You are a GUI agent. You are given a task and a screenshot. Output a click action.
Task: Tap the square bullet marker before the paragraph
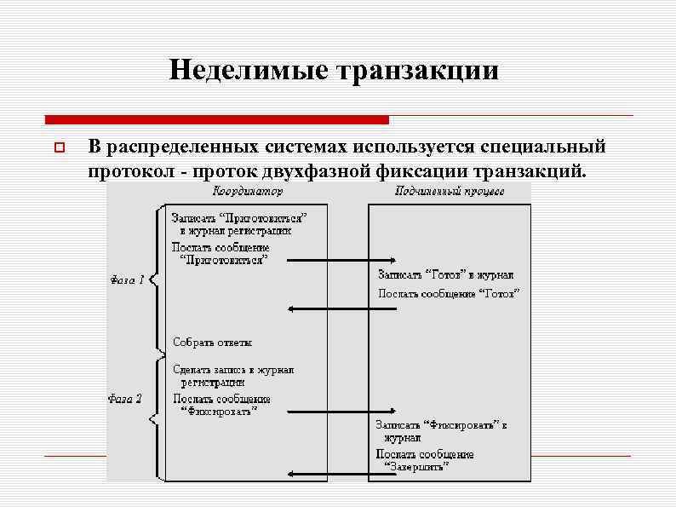point(59,150)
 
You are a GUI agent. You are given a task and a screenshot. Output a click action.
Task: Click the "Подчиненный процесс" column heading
point(449,192)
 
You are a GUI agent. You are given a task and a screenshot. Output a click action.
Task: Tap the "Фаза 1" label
point(127,279)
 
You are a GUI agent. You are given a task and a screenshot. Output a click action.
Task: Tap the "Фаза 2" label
point(125,397)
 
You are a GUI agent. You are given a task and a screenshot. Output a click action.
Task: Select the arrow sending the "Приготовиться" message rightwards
point(341,260)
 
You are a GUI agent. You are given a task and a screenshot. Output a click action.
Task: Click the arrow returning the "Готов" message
point(341,308)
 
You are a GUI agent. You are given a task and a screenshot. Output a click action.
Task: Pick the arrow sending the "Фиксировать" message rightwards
point(341,413)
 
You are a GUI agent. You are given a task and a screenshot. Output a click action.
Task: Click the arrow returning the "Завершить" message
point(341,471)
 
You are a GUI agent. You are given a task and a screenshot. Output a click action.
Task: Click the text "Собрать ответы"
point(213,343)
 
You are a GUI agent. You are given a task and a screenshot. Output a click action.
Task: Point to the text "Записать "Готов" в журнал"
point(445,275)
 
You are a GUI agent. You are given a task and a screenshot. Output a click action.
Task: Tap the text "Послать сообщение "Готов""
point(449,294)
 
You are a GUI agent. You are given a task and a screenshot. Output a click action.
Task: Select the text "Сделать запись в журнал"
point(233,370)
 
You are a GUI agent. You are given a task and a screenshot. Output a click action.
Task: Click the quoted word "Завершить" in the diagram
point(417,466)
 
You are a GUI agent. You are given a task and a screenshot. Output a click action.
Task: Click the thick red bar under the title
point(216,119)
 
